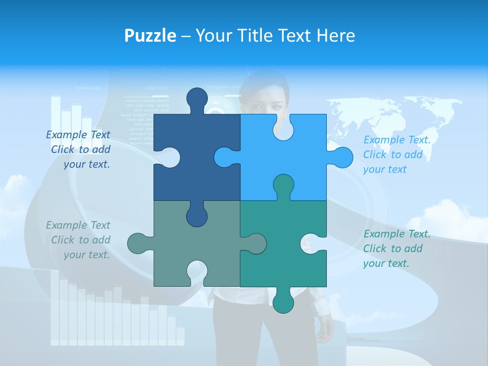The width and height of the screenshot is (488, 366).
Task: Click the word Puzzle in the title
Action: pos(150,36)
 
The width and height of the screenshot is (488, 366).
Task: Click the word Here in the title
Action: pos(335,36)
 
